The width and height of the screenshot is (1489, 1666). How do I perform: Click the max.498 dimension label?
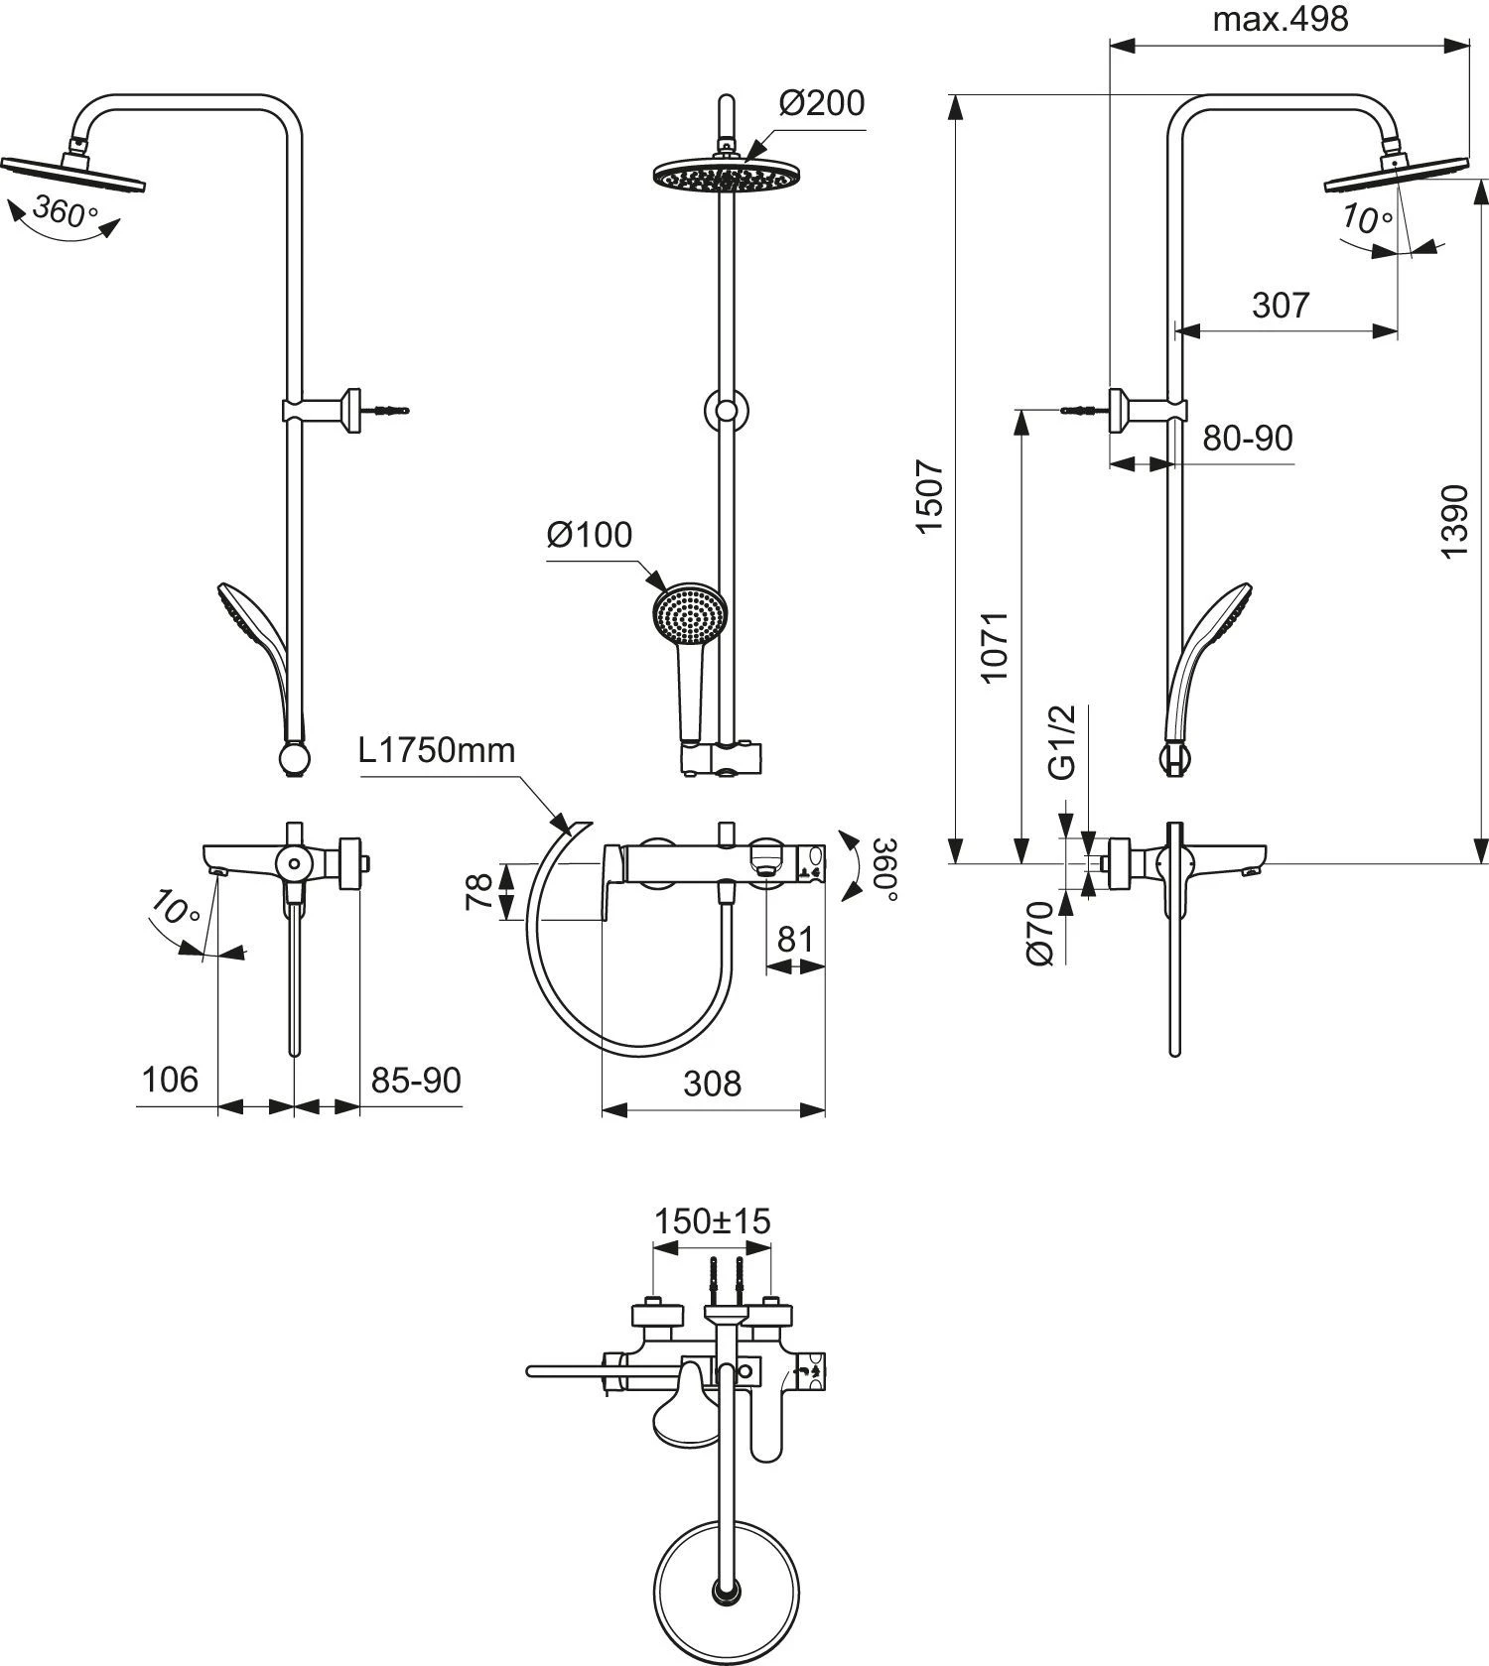coord(1280,19)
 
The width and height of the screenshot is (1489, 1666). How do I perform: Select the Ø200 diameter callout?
coord(821,102)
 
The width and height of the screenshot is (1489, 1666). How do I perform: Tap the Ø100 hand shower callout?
coord(589,535)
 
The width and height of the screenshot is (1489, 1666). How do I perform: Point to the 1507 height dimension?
coord(930,495)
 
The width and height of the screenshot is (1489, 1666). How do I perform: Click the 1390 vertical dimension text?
coord(1454,521)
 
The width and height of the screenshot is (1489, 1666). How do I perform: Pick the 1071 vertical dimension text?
coord(995,646)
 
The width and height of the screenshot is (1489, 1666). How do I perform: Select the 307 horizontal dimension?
coord(1281,305)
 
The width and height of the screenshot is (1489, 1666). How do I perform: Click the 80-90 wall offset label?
coord(1247,438)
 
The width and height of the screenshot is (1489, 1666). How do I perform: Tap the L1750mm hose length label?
coord(437,750)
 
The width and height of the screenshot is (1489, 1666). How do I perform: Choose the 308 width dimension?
coord(712,1083)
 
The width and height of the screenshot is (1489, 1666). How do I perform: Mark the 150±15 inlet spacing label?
coord(712,1220)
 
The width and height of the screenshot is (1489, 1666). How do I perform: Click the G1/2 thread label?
coord(1062,742)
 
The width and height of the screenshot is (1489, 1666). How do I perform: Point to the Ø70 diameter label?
coord(1039,933)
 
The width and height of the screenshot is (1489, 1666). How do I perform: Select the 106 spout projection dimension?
coord(170,1079)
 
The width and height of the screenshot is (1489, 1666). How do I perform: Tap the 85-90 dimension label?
coord(416,1079)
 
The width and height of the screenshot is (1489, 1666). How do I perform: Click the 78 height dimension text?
coord(477,891)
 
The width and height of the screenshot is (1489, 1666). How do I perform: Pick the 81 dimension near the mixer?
coord(794,938)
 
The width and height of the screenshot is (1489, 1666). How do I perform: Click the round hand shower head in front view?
coord(690,619)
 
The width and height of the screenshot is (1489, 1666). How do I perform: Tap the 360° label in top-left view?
coord(65,210)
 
